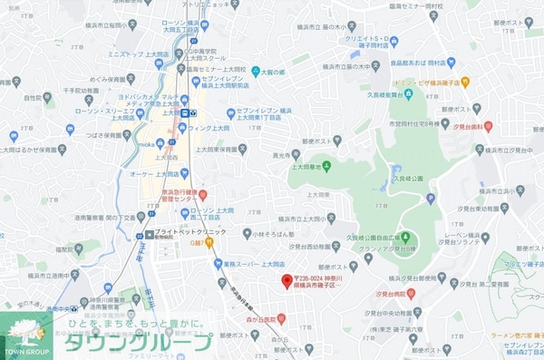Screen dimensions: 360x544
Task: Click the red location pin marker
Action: click(287, 280)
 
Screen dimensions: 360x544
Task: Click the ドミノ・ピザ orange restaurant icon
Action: click(464, 83)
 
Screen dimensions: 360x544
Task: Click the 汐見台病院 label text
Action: click(391, 294)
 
